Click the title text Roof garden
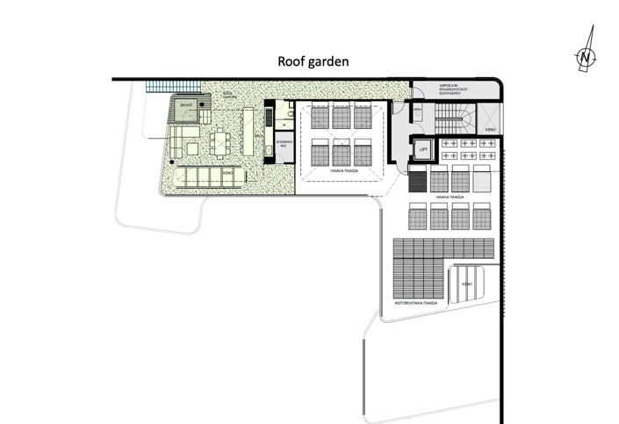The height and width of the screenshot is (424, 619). coord(313,61)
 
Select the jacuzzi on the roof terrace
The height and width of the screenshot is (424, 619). coord(186,107)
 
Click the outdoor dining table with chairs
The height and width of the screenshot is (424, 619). coord(221,142)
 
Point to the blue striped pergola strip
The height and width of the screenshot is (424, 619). coord(163,87)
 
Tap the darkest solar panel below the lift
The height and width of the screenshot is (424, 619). coord(418,181)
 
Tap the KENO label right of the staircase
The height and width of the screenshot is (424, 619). coord(490,130)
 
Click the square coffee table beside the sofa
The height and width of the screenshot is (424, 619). coord(192,149)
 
